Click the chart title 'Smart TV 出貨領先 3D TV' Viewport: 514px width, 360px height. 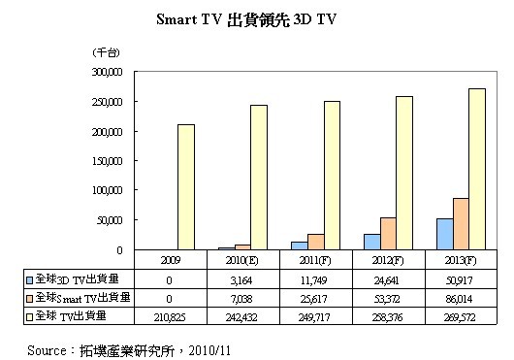[256, 19]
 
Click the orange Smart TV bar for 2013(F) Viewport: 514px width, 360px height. [461, 224]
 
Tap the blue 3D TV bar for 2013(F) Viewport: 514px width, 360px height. [445, 234]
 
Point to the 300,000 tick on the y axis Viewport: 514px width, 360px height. [102, 72]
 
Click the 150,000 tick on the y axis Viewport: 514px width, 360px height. [102, 161]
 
